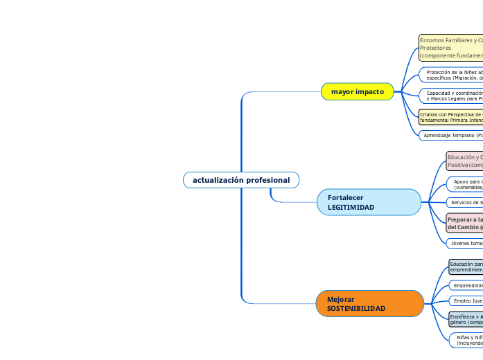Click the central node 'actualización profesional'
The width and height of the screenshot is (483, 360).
coord(241,180)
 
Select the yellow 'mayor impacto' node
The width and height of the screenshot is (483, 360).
coord(357,91)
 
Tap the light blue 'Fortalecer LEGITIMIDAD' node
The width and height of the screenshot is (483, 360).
coord(369,202)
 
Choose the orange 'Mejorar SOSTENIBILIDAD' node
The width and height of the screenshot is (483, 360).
coord(370,303)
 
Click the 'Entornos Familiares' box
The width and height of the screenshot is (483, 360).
coord(450,48)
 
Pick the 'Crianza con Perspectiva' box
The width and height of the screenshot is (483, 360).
coord(450,116)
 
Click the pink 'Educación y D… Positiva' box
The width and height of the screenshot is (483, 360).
coord(464,161)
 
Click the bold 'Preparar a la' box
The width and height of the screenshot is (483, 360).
coord(464,223)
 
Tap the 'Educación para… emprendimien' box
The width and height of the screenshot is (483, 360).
coord(466,267)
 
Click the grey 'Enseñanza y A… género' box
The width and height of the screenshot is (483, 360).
coord(466,319)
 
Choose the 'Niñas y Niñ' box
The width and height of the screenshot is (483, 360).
coord(467,339)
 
